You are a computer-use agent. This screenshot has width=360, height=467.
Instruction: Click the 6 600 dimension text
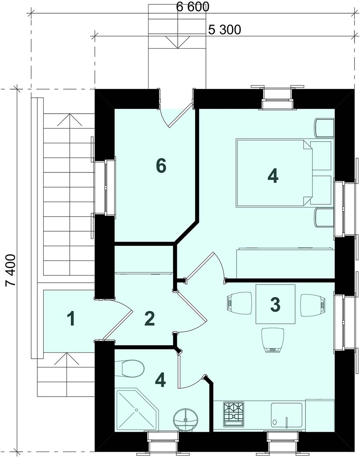(192, 7)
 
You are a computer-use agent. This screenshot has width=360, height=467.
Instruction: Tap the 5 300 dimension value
(225, 30)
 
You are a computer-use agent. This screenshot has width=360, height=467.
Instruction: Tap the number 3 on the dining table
(275, 304)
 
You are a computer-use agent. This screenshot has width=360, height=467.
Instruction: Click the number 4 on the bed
(273, 176)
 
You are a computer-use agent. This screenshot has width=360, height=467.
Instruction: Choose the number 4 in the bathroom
(160, 380)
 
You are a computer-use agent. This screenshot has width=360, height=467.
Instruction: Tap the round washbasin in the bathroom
(186, 419)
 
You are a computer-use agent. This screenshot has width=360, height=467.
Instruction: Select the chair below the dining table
(273, 340)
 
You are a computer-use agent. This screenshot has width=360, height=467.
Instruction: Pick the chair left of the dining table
(239, 303)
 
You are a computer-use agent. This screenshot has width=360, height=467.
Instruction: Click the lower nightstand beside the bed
(324, 218)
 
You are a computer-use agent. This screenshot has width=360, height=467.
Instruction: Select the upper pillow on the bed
(320, 156)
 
